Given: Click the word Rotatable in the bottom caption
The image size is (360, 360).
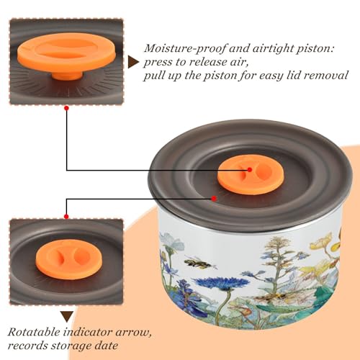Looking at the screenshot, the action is [34, 332].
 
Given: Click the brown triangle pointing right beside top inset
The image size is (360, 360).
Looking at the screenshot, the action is [133, 62].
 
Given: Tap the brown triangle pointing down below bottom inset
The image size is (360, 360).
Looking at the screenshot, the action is [67, 317].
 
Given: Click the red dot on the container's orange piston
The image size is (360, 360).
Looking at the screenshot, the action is [250, 170].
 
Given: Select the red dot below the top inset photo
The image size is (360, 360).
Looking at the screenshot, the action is [67, 109].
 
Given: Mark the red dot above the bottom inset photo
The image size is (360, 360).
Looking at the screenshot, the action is [66, 217].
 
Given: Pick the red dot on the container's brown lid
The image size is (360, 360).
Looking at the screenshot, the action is [214, 199].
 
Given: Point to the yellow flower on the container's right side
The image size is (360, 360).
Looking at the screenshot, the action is [322, 243].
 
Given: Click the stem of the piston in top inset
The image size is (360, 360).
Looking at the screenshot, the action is [67, 75].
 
